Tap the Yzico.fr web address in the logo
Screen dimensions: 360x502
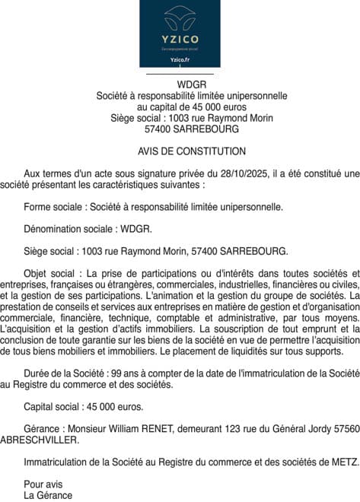180,59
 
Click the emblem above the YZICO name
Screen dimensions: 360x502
180,17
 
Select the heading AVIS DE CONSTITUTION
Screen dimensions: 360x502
181,151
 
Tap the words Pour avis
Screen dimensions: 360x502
43,484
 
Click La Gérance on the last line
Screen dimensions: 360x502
48,495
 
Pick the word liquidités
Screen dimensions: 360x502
251,351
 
